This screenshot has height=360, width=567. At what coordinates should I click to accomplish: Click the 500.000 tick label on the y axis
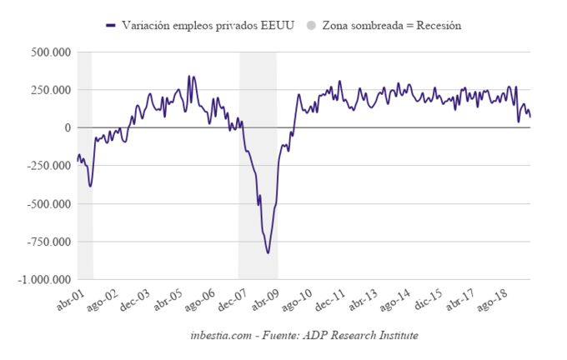[x=50, y=52]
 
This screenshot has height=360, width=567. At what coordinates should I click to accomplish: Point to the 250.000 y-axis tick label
[x=50, y=89]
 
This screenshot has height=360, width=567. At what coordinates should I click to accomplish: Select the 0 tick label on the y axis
[x=67, y=127]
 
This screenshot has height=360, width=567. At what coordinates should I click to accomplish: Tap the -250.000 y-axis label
[x=48, y=166]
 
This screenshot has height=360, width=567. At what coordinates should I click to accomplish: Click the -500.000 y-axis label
[x=48, y=203]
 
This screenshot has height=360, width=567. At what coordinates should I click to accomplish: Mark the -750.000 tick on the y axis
[x=48, y=242]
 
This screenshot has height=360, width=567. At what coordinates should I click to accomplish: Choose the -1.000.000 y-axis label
[x=43, y=279]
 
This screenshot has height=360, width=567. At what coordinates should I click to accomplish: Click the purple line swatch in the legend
[x=111, y=26]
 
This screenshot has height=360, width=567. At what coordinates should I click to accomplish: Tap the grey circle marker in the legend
[x=312, y=26]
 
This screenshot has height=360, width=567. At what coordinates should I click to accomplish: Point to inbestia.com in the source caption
[x=220, y=335]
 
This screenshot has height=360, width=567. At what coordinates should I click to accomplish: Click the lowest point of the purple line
[x=268, y=252]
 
